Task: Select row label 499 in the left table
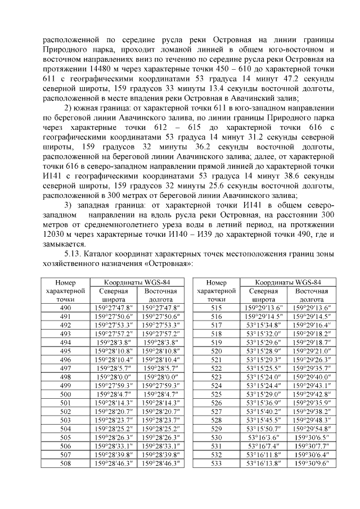click(x=65, y=385)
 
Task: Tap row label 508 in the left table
click(x=65, y=463)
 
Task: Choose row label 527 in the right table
click(x=216, y=411)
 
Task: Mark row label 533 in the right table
click(x=216, y=463)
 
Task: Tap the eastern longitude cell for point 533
click(x=311, y=463)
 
